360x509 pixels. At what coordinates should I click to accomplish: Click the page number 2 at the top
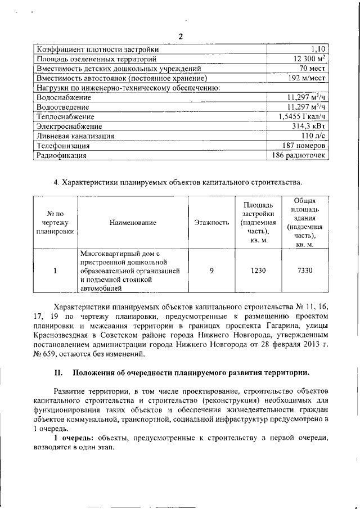(x=181, y=37)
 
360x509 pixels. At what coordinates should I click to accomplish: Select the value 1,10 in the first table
(x=318, y=49)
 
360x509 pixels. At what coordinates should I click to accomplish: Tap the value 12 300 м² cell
(x=308, y=58)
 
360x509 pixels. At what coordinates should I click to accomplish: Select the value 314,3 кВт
(x=310, y=127)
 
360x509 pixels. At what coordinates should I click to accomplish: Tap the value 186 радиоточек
(x=299, y=155)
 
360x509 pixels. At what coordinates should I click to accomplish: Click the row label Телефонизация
(x=63, y=146)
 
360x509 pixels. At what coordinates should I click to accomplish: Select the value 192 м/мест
(x=307, y=78)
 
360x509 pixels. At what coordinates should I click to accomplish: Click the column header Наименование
(x=133, y=223)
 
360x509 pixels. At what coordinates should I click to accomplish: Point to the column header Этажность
(x=211, y=223)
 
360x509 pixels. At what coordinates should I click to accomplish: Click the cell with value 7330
(x=304, y=271)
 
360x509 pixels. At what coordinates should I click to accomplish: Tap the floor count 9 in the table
(x=211, y=271)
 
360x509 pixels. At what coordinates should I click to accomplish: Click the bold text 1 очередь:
(x=74, y=437)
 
